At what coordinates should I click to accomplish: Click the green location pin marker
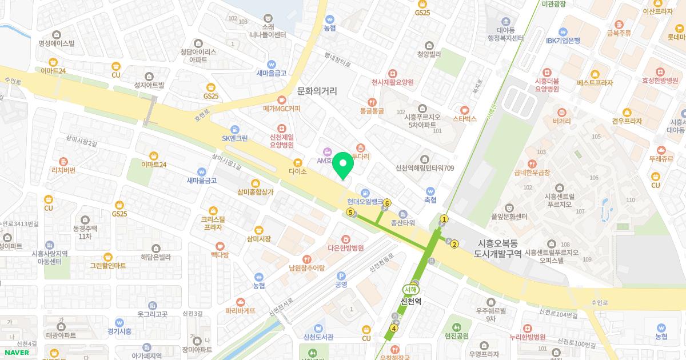pyautogui.click(x=343, y=165)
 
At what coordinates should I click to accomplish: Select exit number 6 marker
pyautogui.click(x=388, y=203)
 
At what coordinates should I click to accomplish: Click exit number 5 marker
pyautogui.click(x=350, y=212)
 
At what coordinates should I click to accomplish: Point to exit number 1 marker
pyautogui.click(x=444, y=218)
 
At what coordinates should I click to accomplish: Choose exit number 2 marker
pyautogui.click(x=454, y=245)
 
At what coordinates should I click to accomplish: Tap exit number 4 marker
pyautogui.click(x=394, y=328)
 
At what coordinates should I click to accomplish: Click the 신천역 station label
pyautogui.click(x=411, y=301)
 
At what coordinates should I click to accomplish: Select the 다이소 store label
pyautogui.click(x=298, y=171)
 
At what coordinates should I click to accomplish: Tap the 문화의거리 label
pyautogui.click(x=317, y=91)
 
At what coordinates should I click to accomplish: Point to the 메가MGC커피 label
pyautogui.click(x=281, y=108)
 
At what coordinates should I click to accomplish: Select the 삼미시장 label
pyautogui.click(x=258, y=239)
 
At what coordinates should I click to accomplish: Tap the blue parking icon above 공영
pyautogui.click(x=341, y=275)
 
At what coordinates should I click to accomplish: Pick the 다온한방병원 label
pyautogui.click(x=346, y=247)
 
